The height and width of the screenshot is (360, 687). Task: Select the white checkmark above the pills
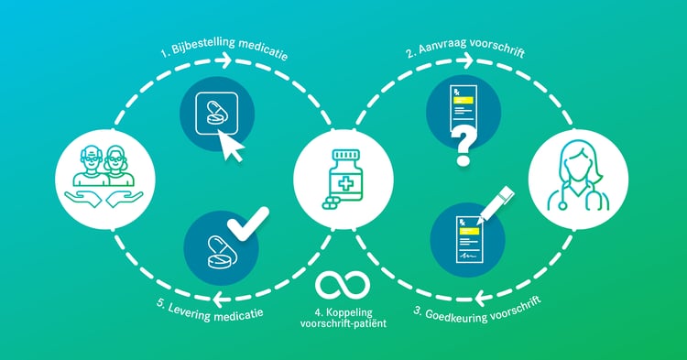[x=249, y=222]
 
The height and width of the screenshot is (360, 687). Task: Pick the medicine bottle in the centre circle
[x=342, y=177]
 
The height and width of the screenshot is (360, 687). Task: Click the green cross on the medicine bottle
[x=345, y=184]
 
